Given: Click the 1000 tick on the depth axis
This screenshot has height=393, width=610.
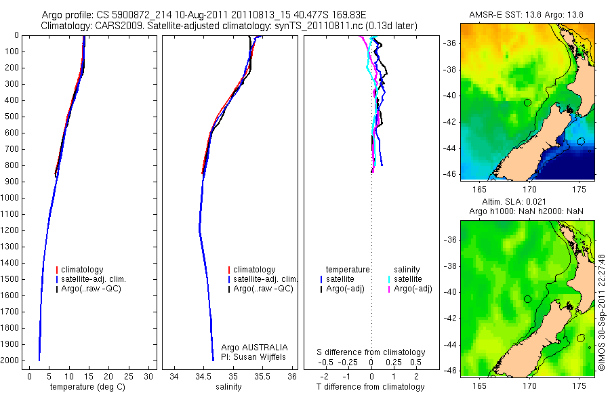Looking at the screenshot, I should click(x=10, y=198).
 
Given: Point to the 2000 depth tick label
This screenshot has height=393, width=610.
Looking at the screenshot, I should click(x=10, y=361).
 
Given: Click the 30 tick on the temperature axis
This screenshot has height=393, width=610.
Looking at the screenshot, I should click(x=149, y=376).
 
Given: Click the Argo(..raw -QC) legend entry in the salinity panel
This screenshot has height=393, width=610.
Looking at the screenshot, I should click(x=263, y=289).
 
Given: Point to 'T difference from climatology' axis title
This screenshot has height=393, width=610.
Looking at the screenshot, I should click(x=371, y=387).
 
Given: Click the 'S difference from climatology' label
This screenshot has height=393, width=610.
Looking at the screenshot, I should click(x=371, y=352).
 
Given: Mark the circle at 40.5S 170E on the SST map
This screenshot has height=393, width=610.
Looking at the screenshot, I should click(x=528, y=102).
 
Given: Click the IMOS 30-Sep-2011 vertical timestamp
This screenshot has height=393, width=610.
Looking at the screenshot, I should click(x=602, y=312).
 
